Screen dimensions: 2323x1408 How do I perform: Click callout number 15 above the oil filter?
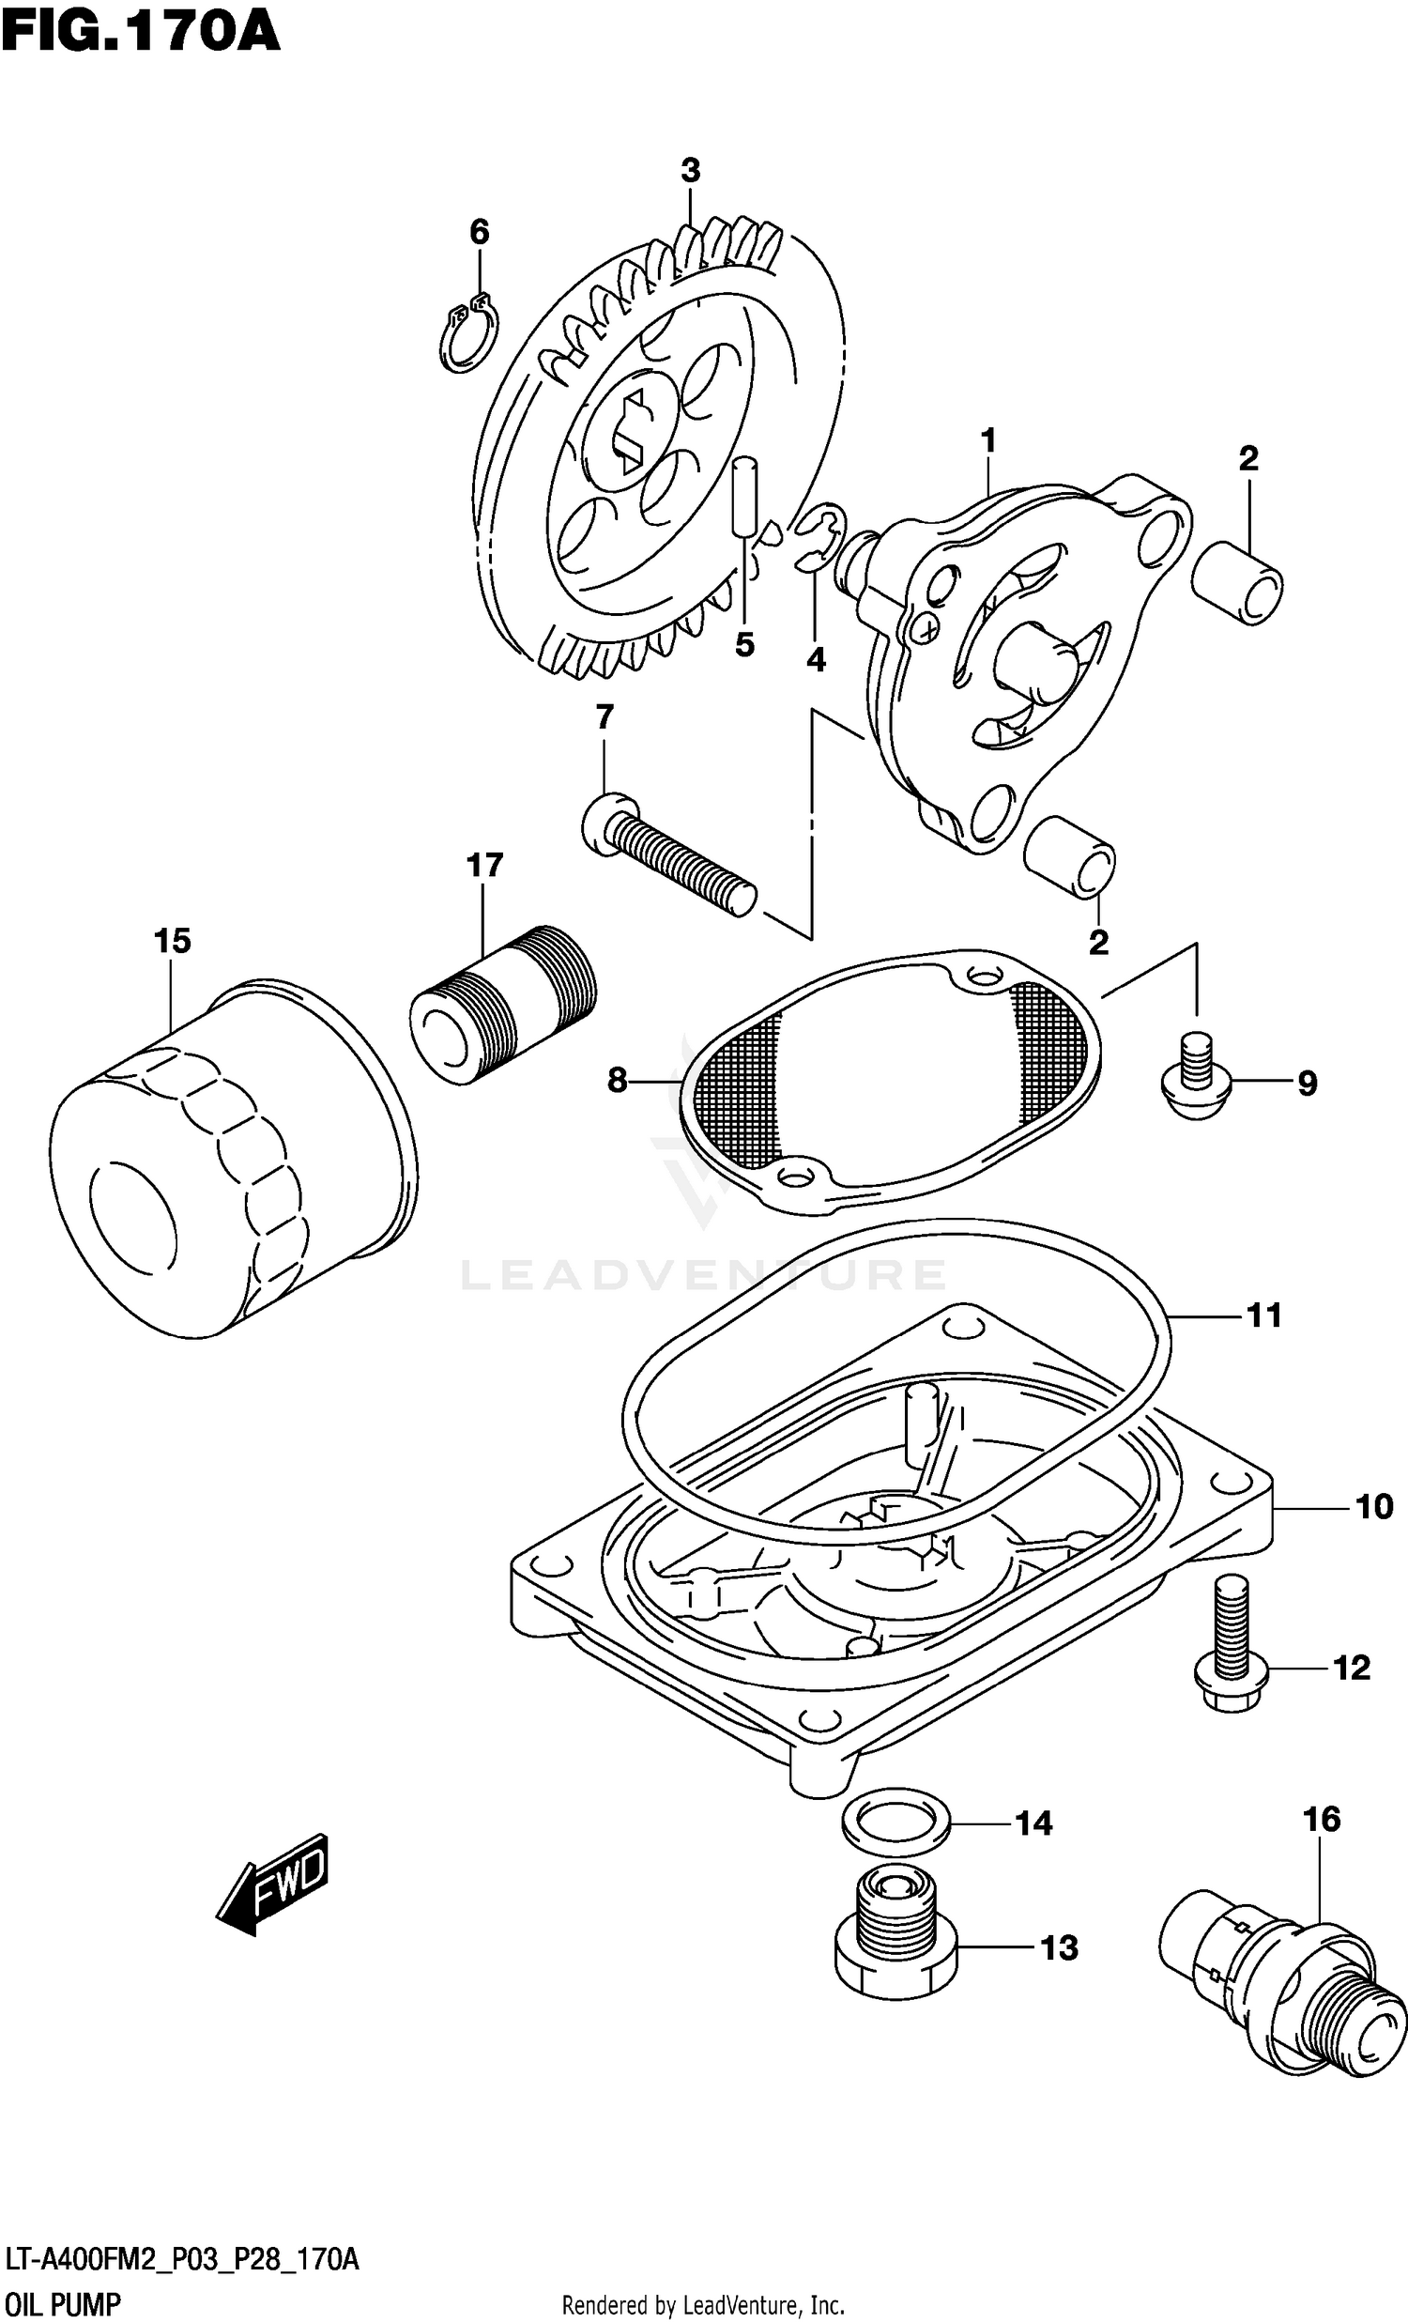(x=173, y=940)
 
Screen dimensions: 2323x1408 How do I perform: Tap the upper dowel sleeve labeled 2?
(x=1237, y=584)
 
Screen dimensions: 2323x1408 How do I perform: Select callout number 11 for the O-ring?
(x=1263, y=1315)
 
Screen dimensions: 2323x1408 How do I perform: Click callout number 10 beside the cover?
(x=1373, y=1505)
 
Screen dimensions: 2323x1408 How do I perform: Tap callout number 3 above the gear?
(x=690, y=171)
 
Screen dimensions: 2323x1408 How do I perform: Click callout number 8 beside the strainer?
(x=618, y=1080)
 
